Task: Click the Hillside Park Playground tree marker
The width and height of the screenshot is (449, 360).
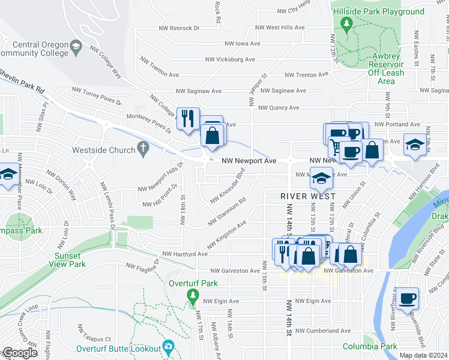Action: click(x=346, y=23)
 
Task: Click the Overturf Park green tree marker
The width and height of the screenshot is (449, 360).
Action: click(x=192, y=296)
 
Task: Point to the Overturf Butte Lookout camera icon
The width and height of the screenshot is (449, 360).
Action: click(x=169, y=347)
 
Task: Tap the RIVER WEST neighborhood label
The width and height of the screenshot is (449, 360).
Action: click(x=306, y=196)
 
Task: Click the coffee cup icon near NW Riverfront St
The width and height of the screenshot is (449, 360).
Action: click(x=408, y=298)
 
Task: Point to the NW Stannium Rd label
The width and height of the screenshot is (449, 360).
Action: click(x=226, y=214)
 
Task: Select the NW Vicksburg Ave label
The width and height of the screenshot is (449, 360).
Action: click(x=230, y=59)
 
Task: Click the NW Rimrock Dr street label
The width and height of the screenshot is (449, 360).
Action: click(x=176, y=28)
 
